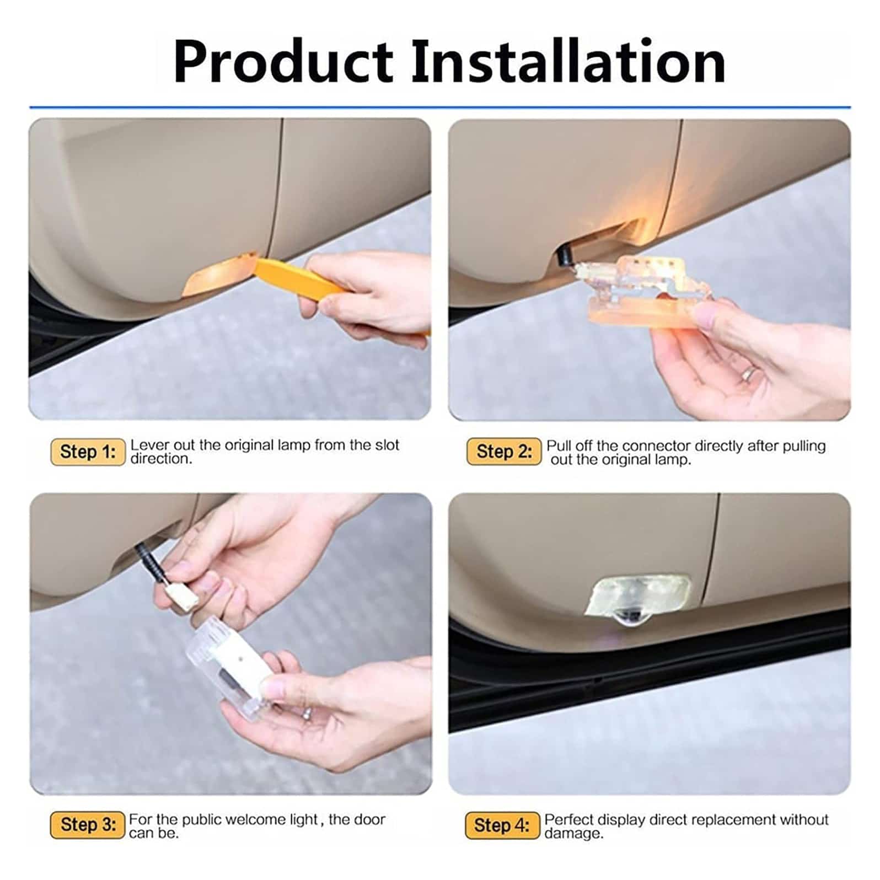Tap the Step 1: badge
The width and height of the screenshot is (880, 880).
click(88, 452)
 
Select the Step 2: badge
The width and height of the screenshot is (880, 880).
click(504, 452)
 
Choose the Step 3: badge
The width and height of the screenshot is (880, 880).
click(88, 825)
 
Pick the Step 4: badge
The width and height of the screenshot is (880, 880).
click(502, 825)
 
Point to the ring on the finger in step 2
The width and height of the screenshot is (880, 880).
click(748, 373)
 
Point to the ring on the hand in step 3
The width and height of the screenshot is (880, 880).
click(307, 713)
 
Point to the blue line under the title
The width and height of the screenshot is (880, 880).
click(440, 107)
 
